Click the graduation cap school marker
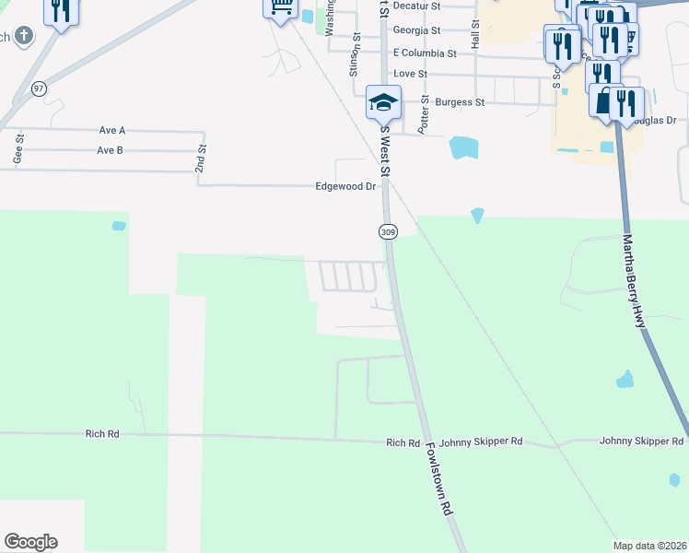pyautogui.click(x=383, y=102)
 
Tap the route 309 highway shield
pyautogui.click(x=388, y=232)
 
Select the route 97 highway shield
pyautogui.click(x=38, y=88)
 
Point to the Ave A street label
pyautogui.click(x=110, y=131)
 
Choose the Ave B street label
pyautogui.click(x=110, y=150)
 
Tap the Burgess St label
pyautogui.click(x=460, y=102)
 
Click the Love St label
pyautogui.click(x=410, y=74)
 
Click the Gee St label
pyautogui.click(x=18, y=149)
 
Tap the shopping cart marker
pyautogui.click(x=279, y=8)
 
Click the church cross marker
pyautogui.click(x=23, y=37)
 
